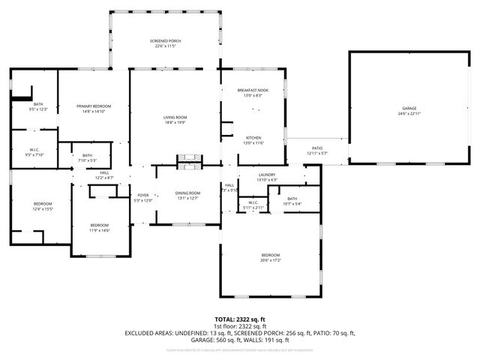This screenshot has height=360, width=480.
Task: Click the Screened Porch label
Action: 165,43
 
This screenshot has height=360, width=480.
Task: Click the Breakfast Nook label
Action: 253,92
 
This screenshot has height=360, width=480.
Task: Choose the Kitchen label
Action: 253,140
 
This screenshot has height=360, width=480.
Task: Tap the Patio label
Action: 317,151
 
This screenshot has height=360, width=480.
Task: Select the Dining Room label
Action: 187,195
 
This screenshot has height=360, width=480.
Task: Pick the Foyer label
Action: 142,197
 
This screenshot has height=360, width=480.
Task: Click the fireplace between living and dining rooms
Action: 188,160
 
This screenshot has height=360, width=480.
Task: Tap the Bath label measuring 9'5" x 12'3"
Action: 37,106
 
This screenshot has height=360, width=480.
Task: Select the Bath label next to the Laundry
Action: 292,200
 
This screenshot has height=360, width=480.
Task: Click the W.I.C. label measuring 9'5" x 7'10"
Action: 34,151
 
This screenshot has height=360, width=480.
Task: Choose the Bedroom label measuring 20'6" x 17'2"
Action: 271,258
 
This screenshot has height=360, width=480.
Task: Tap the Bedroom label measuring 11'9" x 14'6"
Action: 100,227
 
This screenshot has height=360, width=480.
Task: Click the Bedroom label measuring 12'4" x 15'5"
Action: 42,206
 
